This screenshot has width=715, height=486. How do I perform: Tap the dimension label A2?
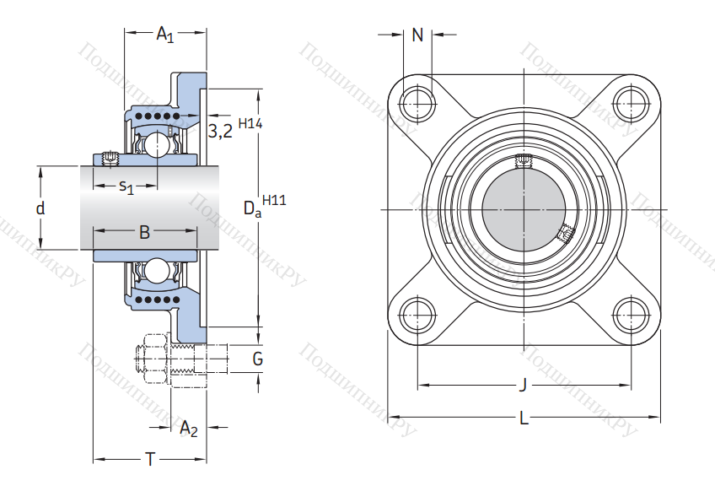click(189, 429)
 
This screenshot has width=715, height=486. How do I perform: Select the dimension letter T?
click(150, 460)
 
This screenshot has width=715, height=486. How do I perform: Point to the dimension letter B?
click(144, 232)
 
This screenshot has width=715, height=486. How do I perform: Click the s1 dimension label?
click(126, 186)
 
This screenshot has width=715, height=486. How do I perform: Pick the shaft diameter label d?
click(40, 208)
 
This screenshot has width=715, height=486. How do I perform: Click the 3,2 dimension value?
click(220, 131)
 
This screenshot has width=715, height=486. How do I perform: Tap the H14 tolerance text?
click(250, 123)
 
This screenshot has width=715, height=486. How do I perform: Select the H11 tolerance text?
click(274, 200)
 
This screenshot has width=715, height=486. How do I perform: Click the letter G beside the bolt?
click(258, 360)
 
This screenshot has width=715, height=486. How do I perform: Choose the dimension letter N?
click(417, 35)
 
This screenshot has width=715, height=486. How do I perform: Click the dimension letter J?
click(523, 386)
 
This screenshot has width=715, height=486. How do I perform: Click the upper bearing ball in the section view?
click(158, 145)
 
